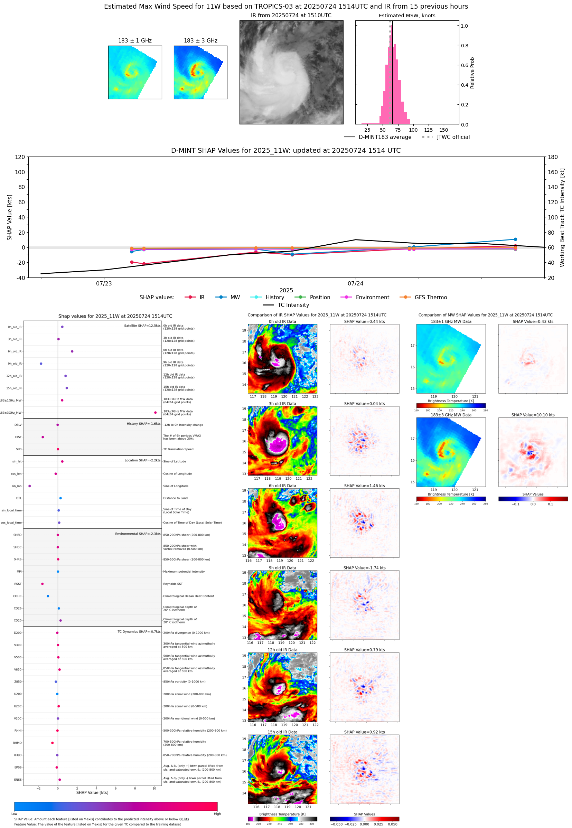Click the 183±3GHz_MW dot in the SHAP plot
[155, 412]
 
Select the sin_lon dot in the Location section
[29, 486]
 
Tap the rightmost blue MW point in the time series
[515, 239]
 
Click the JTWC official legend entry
[453, 137]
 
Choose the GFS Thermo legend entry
[430, 298]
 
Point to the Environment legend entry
[372, 298]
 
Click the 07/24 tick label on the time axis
[355, 283]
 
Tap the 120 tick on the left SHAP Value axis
[20, 157]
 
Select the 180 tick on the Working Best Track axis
[553, 157]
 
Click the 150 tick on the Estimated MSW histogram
[443, 130]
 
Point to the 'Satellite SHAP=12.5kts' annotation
[142, 326]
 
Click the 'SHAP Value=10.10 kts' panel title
[533, 415]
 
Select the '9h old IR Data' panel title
[282, 568]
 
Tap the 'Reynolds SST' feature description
[173, 584]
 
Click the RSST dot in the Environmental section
[42, 584]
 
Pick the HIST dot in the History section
[43, 437]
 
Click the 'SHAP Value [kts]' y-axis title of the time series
[10, 217]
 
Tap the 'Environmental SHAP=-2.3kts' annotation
[138, 534]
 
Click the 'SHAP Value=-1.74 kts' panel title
[364, 568]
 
